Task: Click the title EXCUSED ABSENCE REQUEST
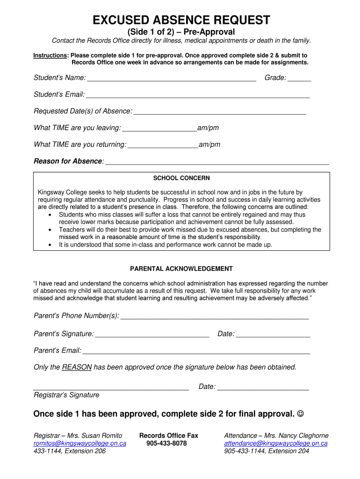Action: (x=181, y=20)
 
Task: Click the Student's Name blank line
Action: (x=172, y=78)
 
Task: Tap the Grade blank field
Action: (x=299, y=78)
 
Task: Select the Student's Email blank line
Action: (x=198, y=95)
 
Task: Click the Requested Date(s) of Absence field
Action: (x=220, y=112)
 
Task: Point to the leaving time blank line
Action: (x=159, y=129)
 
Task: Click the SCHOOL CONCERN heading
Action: (x=181, y=178)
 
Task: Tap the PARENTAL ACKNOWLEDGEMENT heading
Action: (x=181, y=269)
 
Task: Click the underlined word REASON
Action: (x=77, y=367)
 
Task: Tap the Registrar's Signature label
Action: (x=66, y=395)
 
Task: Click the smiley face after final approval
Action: (x=301, y=414)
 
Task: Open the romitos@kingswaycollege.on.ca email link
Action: (x=79, y=443)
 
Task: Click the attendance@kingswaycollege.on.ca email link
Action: (x=276, y=443)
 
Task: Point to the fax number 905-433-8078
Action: (x=166, y=443)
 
